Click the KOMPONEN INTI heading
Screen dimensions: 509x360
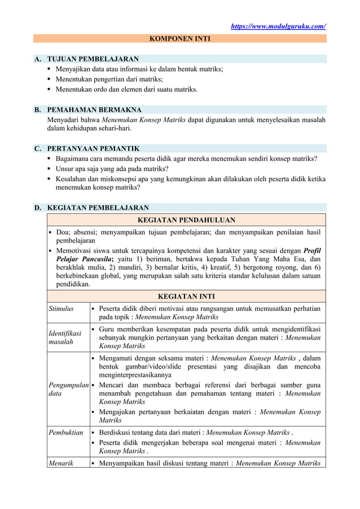[179, 39]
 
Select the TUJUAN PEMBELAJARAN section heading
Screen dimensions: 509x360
[93, 59]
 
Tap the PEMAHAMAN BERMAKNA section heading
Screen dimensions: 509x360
[94, 109]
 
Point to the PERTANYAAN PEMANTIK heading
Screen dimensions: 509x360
[93, 148]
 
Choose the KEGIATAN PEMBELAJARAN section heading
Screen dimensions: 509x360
[98, 208]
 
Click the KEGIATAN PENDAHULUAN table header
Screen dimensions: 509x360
[187, 220]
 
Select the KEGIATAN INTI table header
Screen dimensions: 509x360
[186, 296]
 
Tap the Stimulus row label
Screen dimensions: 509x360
[60, 309]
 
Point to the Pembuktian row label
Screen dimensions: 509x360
[65, 433]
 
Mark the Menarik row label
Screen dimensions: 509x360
[60, 464]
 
